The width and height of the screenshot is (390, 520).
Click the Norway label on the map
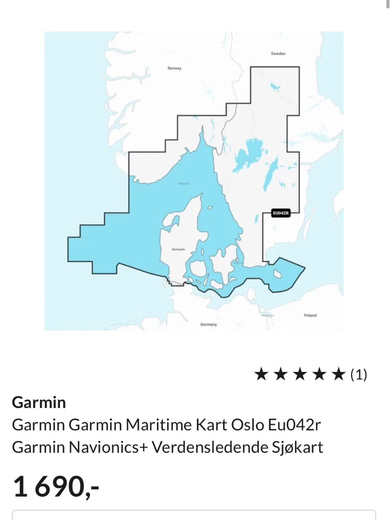(x=174, y=68)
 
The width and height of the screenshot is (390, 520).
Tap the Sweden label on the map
(x=278, y=53)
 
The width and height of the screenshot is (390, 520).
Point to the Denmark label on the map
(x=178, y=250)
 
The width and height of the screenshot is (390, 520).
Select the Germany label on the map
(x=208, y=324)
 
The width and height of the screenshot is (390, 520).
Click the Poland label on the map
(x=310, y=315)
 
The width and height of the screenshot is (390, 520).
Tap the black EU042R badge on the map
(x=280, y=213)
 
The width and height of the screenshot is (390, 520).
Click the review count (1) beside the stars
(x=359, y=374)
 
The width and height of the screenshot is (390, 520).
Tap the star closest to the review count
(x=339, y=374)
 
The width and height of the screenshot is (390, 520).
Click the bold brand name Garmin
(x=39, y=402)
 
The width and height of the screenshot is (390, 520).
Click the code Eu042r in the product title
(x=294, y=425)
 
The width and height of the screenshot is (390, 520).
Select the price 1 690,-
(x=56, y=486)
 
